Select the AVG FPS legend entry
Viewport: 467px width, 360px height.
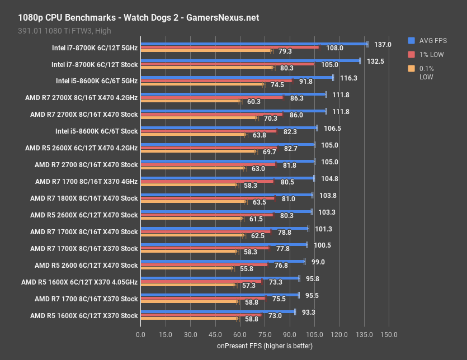coord(431,40)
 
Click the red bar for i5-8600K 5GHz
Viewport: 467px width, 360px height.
coord(216,81)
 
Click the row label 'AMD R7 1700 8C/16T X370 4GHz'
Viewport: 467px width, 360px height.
coord(86,182)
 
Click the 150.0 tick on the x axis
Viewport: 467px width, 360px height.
coord(389,334)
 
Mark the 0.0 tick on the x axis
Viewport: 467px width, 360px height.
coord(140,334)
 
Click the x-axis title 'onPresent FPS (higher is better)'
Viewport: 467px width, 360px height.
coord(265,346)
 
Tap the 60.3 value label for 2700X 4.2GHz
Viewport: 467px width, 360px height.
coord(254,102)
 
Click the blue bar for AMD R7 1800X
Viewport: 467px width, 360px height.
coord(226,195)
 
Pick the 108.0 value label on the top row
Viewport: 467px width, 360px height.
coord(334,48)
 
